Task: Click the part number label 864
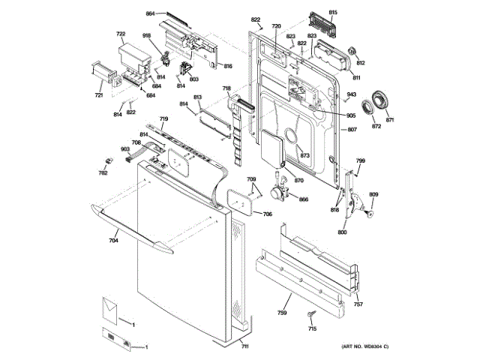click(x=150, y=14)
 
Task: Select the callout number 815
click(x=333, y=13)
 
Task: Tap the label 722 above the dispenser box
click(x=121, y=34)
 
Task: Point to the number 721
click(x=98, y=95)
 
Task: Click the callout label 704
click(x=113, y=241)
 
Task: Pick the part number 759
click(x=283, y=312)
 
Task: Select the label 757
click(x=358, y=304)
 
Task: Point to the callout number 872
click(x=376, y=126)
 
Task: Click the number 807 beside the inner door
click(x=352, y=130)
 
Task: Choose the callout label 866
click(x=304, y=199)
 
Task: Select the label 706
click(x=267, y=214)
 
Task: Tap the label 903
click(x=125, y=149)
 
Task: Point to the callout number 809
click(x=373, y=196)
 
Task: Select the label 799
click(x=361, y=161)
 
